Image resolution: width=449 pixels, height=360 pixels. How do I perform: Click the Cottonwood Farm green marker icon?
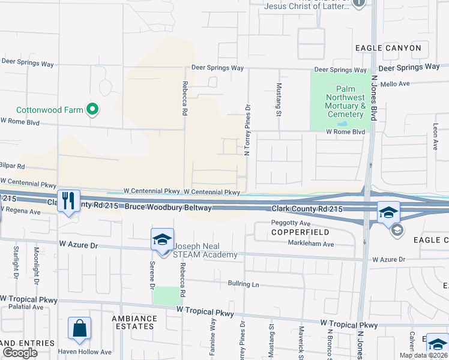pyautogui.click(x=92, y=110)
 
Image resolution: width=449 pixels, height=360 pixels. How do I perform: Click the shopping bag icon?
pyautogui.click(x=79, y=328)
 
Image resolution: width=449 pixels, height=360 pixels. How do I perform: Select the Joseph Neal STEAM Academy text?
pyautogui.click(x=206, y=250)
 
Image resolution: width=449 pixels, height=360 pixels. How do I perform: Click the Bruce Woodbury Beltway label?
pyautogui.click(x=169, y=208)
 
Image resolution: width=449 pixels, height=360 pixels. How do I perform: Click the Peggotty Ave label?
pyautogui.click(x=291, y=223)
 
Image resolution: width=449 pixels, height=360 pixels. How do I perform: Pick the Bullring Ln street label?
pyautogui.click(x=243, y=284)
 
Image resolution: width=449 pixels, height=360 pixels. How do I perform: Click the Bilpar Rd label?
pyautogui.click(x=12, y=166)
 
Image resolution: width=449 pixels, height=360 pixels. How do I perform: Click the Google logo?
pyautogui.click(x=20, y=353)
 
